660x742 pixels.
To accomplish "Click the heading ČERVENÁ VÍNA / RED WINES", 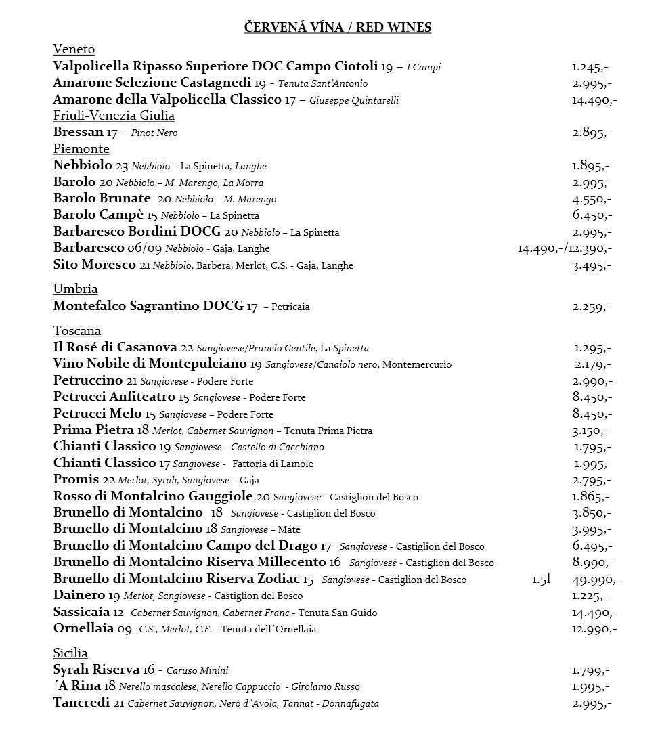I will (x=338, y=27).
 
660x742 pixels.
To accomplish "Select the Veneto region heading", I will (x=74, y=49).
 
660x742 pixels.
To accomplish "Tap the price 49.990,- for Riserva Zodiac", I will (x=596, y=580).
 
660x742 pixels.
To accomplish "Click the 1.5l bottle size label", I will (x=541, y=580).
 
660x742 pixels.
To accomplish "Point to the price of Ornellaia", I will (x=594, y=629).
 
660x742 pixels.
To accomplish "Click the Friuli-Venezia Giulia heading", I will (x=114, y=116).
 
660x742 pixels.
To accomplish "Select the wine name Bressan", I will (x=78, y=132).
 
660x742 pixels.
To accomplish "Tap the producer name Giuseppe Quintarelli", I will (x=354, y=100).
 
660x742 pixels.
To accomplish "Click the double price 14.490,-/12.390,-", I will (x=565, y=249).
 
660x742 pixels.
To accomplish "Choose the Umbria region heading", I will (x=75, y=289).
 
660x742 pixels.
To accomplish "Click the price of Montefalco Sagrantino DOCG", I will (x=592, y=307).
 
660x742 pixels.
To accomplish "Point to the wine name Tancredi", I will (x=81, y=703).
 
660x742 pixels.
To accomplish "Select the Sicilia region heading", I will (x=70, y=653).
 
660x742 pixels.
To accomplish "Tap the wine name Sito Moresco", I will (x=94, y=265).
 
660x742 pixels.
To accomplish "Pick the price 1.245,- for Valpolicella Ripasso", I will (x=590, y=67).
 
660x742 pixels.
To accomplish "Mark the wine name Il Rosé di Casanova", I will (x=115, y=347).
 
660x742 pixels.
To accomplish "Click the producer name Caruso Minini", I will (x=197, y=670).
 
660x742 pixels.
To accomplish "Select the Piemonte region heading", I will (x=81, y=149).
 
